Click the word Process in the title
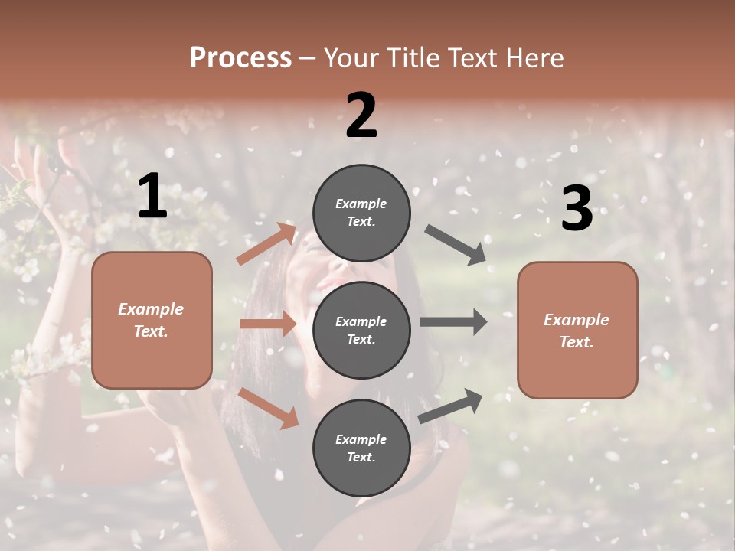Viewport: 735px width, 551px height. click(x=240, y=58)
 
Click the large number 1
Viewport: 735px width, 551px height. click(x=152, y=197)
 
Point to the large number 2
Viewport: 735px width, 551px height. click(x=361, y=116)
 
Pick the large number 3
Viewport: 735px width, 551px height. click(x=577, y=209)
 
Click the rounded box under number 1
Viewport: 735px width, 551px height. click(x=152, y=320)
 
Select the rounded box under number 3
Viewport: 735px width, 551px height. click(x=577, y=330)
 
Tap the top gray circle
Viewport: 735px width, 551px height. click(x=361, y=213)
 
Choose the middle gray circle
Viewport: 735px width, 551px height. click(x=361, y=330)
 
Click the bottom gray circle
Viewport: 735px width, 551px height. click(x=361, y=448)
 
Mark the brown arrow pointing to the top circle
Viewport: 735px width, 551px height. click(x=266, y=243)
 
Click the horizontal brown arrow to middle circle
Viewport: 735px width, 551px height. click(x=268, y=324)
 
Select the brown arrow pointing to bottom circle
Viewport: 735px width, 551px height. click(x=269, y=407)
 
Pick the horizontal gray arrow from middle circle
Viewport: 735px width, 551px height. click(x=453, y=322)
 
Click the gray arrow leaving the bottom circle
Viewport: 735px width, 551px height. click(x=450, y=406)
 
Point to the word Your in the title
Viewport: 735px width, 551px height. click(x=353, y=58)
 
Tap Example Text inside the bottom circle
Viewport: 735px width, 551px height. click(x=361, y=448)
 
